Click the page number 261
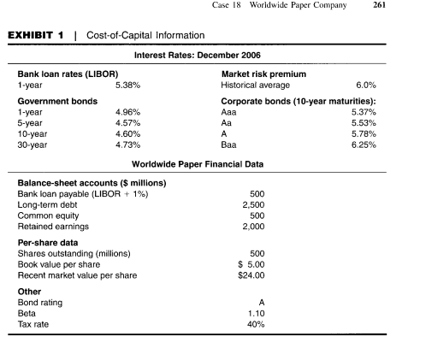click(x=379, y=5)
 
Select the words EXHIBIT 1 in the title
click(x=36, y=35)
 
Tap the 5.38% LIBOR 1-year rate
click(x=127, y=85)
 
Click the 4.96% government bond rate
click(x=127, y=112)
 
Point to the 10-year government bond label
click(x=33, y=134)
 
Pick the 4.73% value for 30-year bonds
click(x=127, y=145)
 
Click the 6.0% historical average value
click(x=366, y=85)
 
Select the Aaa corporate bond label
click(x=228, y=112)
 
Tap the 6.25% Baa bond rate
click(x=364, y=145)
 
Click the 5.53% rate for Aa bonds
click(x=364, y=123)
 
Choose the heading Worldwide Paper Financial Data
click(x=198, y=164)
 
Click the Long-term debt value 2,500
click(x=253, y=204)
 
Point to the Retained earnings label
click(x=53, y=227)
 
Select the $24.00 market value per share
click(x=251, y=275)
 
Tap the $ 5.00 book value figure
click(x=251, y=264)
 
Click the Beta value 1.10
click(x=256, y=314)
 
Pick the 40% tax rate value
click(x=256, y=324)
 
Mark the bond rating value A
click(x=262, y=303)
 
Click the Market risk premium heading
click(x=263, y=74)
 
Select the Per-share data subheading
click(x=48, y=243)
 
